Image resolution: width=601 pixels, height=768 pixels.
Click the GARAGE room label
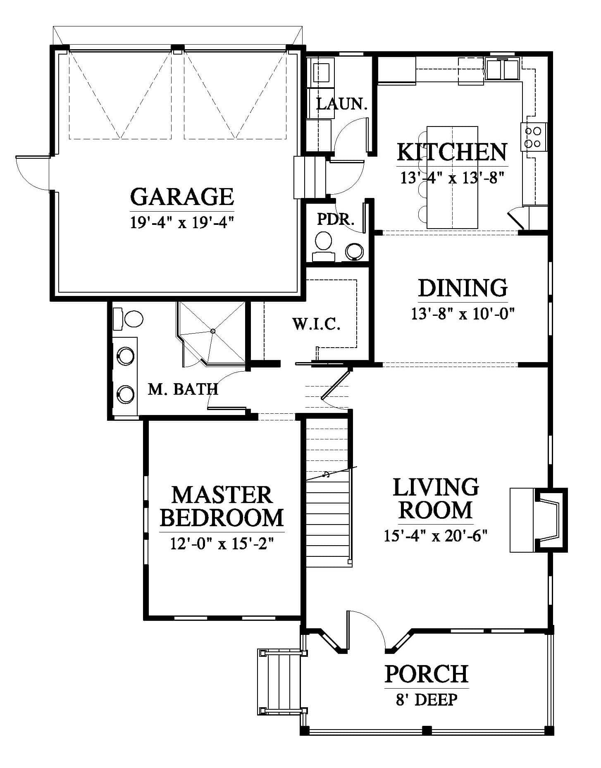(x=182, y=196)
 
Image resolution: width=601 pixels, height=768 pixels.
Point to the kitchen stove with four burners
(x=534, y=138)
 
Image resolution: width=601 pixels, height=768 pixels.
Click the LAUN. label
(x=342, y=104)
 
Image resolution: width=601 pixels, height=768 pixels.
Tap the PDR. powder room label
(x=336, y=219)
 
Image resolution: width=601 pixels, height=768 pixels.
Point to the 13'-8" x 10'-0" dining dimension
(x=463, y=314)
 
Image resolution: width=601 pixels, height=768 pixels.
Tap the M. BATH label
(x=183, y=389)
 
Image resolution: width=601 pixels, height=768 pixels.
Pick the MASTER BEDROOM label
(x=222, y=506)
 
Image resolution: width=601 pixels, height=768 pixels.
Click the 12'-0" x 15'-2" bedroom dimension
(x=222, y=543)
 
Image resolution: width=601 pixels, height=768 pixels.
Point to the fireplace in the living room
(x=539, y=520)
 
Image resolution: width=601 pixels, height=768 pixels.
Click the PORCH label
(x=427, y=674)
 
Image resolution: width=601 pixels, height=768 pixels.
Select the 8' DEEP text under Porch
(x=427, y=699)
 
